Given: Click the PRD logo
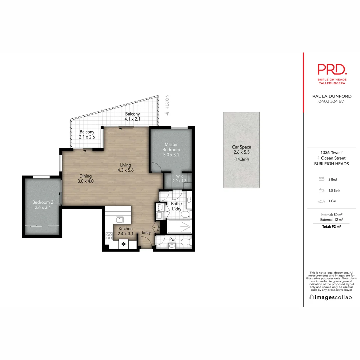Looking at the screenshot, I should click(x=332, y=70).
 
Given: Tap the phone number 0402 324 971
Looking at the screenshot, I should click(x=332, y=101).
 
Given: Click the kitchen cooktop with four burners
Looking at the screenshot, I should click(x=109, y=236).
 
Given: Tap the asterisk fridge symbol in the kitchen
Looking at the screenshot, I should click(x=124, y=244).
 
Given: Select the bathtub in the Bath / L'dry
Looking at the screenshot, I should click(x=180, y=227).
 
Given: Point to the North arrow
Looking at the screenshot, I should click(x=167, y=113).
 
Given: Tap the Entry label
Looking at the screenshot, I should click(x=146, y=232).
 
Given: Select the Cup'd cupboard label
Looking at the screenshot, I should click(x=158, y=228).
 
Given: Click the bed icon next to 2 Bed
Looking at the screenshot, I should click(x=321, y=179).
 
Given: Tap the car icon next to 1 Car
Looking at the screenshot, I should click(x=321, y=201).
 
